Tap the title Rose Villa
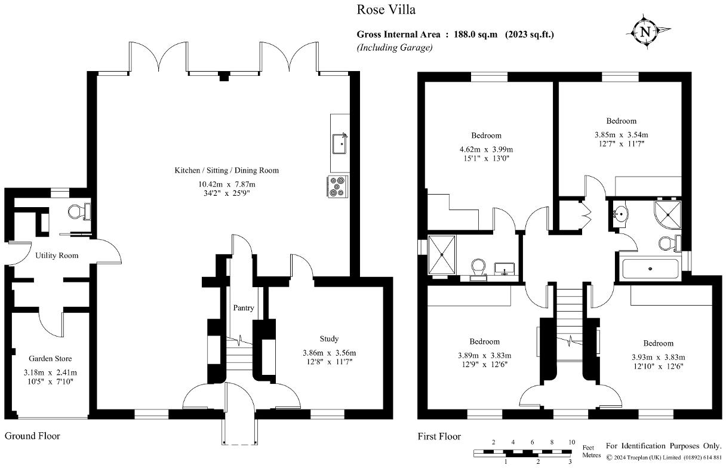[386, 10]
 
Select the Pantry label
[244, 308]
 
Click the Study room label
[329, 339]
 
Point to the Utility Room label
[57, 255]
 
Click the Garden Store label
[50, 358]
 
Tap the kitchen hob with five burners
[337, 186]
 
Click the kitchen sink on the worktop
[340, 143]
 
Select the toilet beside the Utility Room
[79, 212]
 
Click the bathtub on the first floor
[650, 269]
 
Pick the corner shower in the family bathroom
[667, 214]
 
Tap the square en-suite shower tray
[442, 255]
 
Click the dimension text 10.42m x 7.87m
[227, 184]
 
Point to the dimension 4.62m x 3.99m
[486, 149]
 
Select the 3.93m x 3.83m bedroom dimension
[659, 358]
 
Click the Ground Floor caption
[32, 436]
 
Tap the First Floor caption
[439, 436]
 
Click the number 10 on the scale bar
[572, 442]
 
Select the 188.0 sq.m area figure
[475, 35]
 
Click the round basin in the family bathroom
[620, 214]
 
